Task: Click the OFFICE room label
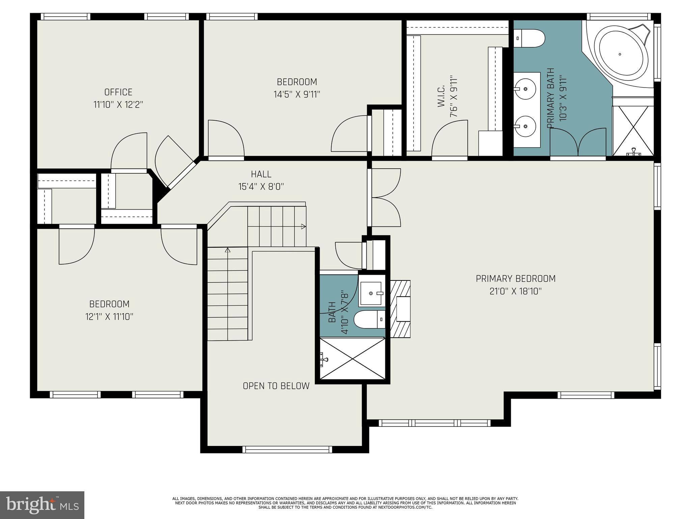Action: point(118,92)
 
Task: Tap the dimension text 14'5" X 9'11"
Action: point(297,94)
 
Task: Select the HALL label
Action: point(261,174)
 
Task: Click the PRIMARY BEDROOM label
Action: point(516,279)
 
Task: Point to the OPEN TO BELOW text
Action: point(276,386)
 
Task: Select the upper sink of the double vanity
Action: point(526,89)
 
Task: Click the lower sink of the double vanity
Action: point(526,126)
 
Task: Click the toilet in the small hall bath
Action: point(369,319)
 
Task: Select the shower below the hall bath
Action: point(353,359)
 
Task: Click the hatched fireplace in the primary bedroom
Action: point(400,309)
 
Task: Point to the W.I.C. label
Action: point(441,96)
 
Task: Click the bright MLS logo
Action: point(42,505)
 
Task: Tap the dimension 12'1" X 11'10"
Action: point(109,317)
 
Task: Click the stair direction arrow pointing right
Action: point(303,226)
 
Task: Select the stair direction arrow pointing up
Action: point(227,250)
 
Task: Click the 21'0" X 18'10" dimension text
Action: point(516,291)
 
